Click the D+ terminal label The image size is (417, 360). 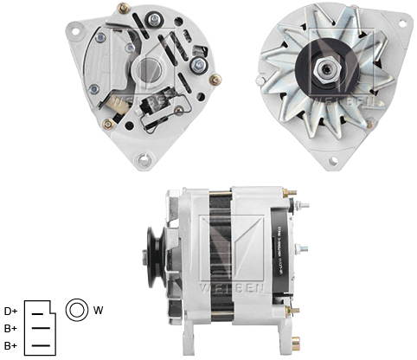(11, 311)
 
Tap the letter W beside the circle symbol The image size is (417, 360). (98, 310)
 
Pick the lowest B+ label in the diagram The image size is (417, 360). (11, 345)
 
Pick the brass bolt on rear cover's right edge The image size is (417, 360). (216, 80)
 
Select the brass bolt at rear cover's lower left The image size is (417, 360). (108, 125)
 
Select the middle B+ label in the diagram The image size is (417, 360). (11, 328)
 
